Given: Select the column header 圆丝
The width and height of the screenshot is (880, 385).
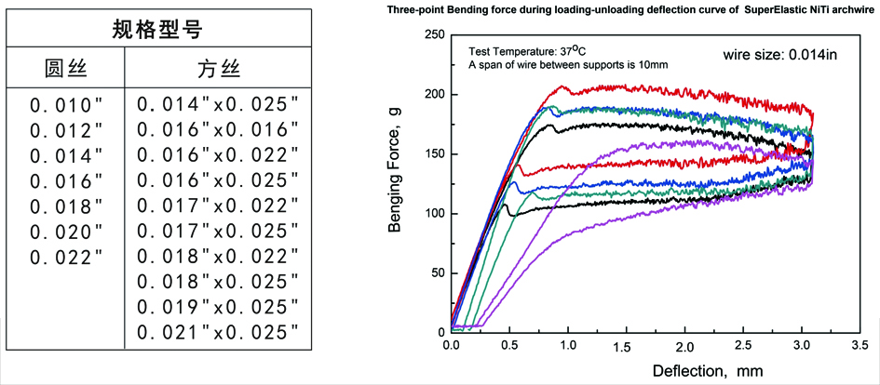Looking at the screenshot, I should coord(66,69).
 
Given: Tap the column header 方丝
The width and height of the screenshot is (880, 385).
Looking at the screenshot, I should coord(218,69).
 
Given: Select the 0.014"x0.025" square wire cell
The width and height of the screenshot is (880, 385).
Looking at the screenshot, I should coord(217,104).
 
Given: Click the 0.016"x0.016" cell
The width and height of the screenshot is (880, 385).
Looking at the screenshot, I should coord(217,129).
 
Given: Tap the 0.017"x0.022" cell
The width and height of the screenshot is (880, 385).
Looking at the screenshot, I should coord(217,206).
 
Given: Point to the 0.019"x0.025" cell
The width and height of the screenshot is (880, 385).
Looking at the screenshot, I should coord(217,306).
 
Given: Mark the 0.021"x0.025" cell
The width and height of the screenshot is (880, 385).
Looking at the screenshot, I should coord(217,331).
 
